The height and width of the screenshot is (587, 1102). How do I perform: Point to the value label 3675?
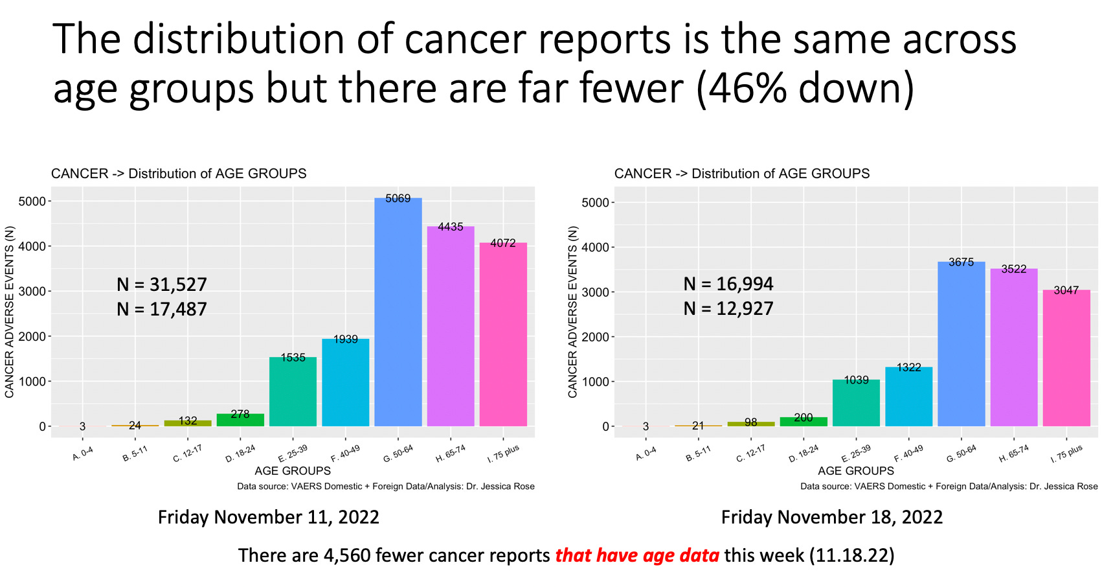point(961,262)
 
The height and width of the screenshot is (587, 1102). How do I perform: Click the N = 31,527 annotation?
point(162,284)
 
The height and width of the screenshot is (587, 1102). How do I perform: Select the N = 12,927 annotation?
point(728,308)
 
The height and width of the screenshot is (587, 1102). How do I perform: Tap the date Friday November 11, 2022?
point(269,517)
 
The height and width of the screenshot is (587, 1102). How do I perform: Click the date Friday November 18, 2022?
point(832,517)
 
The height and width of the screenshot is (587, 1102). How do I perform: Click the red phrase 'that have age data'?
point(637,555)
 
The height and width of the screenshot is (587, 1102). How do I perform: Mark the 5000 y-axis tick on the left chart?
point(32,201)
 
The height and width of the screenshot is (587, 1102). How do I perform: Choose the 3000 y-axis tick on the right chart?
point(595,292)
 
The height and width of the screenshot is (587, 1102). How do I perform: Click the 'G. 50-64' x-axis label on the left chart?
point(398,454)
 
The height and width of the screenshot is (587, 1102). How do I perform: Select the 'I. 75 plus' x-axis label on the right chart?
point(1066,454)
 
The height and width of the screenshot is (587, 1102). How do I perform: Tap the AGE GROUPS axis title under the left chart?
point(293,471)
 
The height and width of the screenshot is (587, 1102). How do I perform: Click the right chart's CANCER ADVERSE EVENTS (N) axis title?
point(573,312)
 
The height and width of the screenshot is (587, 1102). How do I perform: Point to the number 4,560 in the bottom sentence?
point(347,555)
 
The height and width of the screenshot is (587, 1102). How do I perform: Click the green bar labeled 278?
point(240,420)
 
